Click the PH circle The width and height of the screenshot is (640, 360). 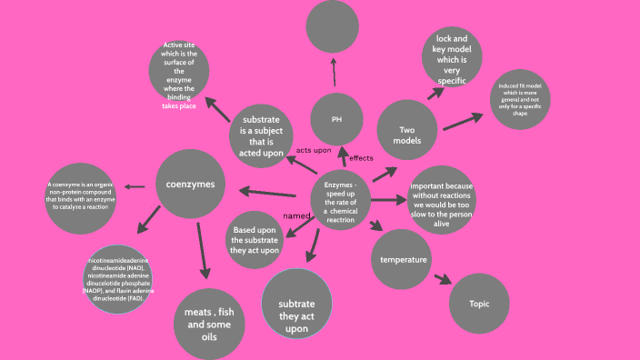click(x=336, y=119)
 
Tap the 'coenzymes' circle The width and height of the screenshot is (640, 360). click(x=190, y=185)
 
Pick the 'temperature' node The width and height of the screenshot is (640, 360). click(x=403, y=260)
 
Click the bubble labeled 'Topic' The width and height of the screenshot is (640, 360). click(x=478, y=303)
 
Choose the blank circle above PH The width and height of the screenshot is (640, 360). click(x=333, y=26)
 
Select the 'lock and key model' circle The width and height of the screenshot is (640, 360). click(x=452, y=58)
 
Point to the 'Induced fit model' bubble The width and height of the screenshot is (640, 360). click(x=522, y=100)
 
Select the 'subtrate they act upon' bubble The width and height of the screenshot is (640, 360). click(x=296, y=304)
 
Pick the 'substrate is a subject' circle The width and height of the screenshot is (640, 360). click(x=262, y=135)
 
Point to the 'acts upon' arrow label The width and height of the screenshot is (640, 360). click(x=314, y=150)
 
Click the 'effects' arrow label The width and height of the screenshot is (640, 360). click(x=361, y=158)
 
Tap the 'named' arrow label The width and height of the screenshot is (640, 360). click(x=296, y=215)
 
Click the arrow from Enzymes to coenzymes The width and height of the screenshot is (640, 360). click(x=268, y=192)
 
